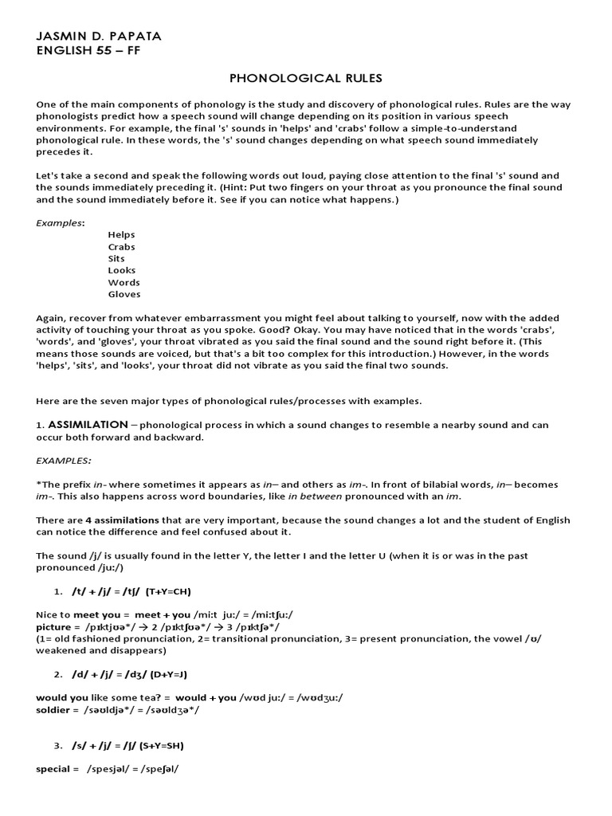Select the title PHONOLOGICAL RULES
306,78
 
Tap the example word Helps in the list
122,235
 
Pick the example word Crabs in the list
122,247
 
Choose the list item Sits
116,259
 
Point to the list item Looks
122,271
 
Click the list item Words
124,283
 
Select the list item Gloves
124,295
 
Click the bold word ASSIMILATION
88,425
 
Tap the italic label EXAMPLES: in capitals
64,461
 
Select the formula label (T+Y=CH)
168,592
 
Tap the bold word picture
54,627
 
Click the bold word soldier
53,709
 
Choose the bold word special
53,770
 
